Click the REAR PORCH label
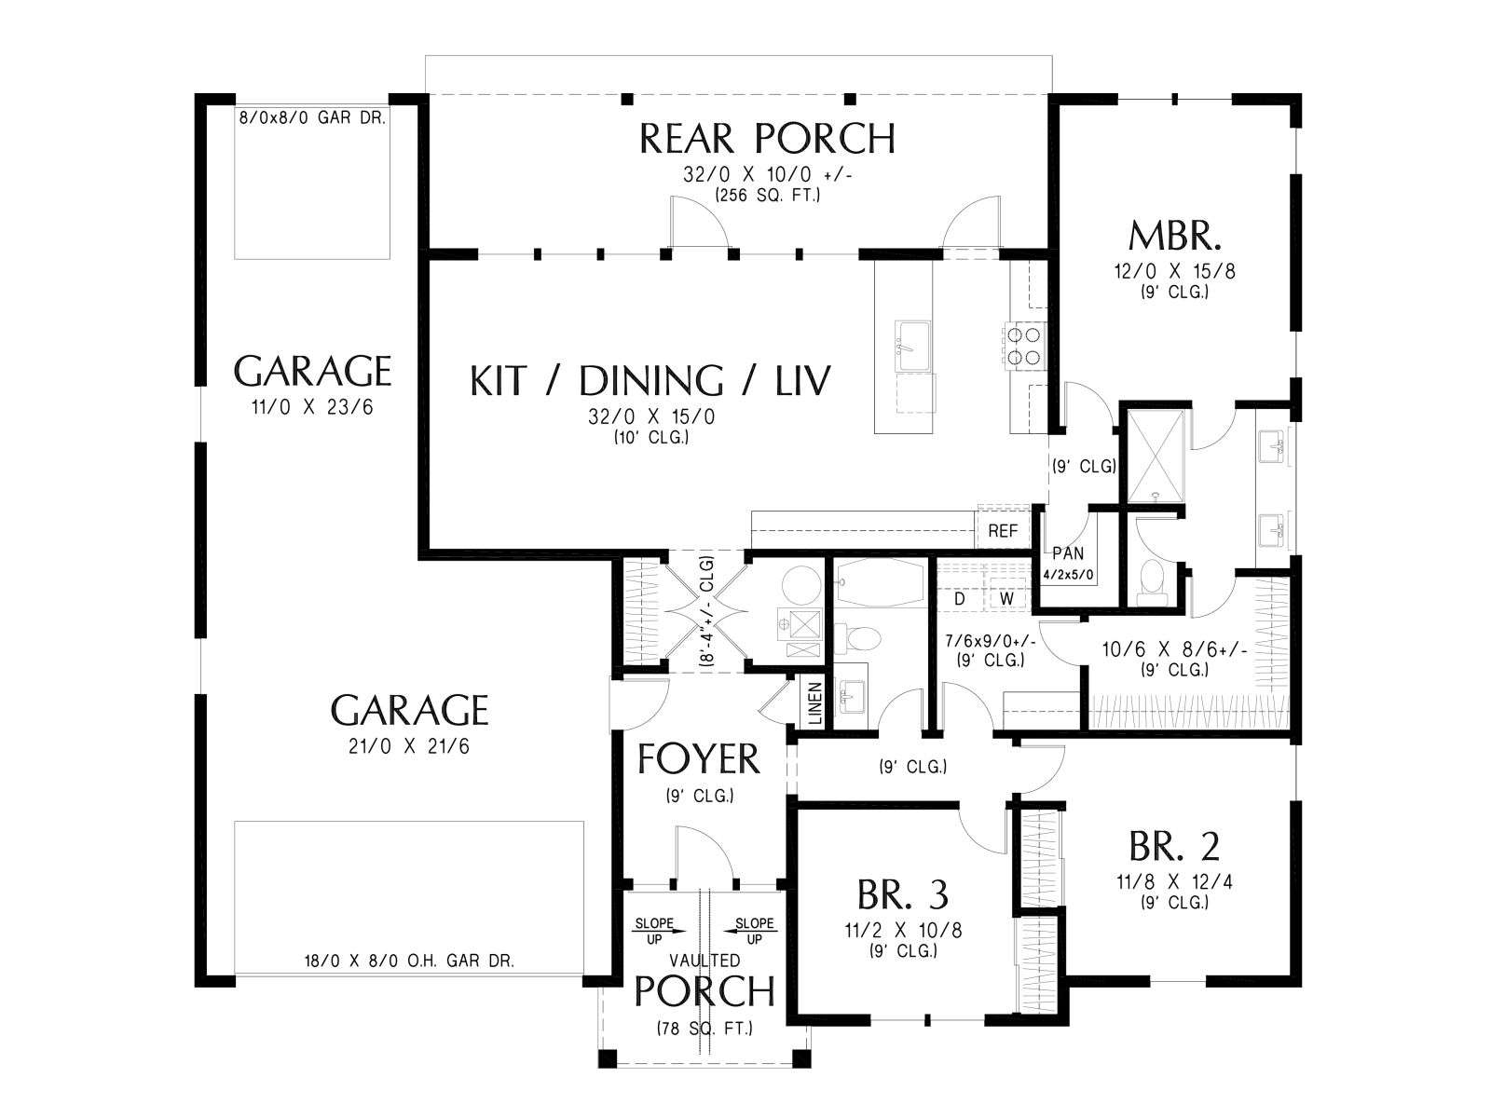[x=767, y=139]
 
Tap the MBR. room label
[x=1174, y=237]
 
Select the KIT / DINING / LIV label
[x=650, y=380]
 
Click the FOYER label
[x=698, y=758]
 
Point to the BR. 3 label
[x=903, y=894]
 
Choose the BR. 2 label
[x=1174, y=847]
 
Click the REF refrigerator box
[x=1003, y=530]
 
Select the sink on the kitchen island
[x=912, y=347]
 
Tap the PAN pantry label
[x=1068, y=553]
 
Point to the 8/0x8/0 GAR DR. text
[x=312, y=117]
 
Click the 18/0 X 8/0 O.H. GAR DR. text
[x=409, y=961]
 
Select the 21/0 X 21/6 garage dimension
[x=409, y=746]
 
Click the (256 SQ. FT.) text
[x=767, y=196]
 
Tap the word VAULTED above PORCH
[x=704, y=960]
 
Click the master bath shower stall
[x=1155, y=457]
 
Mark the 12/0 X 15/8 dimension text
[x=1174, y=271]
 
